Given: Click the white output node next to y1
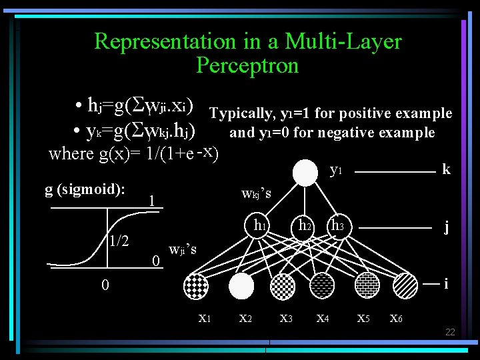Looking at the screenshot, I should (x=306, y=173).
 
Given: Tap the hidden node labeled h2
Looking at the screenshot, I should (x=306, y=227).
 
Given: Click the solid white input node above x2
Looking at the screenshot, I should (x=241, y=285).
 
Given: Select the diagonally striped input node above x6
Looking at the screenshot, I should (x=405, y=285).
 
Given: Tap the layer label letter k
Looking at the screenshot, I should (x=446, y=169).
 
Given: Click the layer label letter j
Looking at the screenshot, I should (x=446, y=227).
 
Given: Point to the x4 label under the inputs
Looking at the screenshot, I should (x=323, y=318).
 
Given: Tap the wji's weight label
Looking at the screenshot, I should (x=183, y=250).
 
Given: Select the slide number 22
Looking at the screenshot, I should (x=450, y=332).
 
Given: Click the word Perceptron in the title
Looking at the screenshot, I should (x=247, y=65).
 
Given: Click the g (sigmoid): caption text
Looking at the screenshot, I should (x=85, y=189).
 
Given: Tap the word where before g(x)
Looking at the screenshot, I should (x=71, y=154).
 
